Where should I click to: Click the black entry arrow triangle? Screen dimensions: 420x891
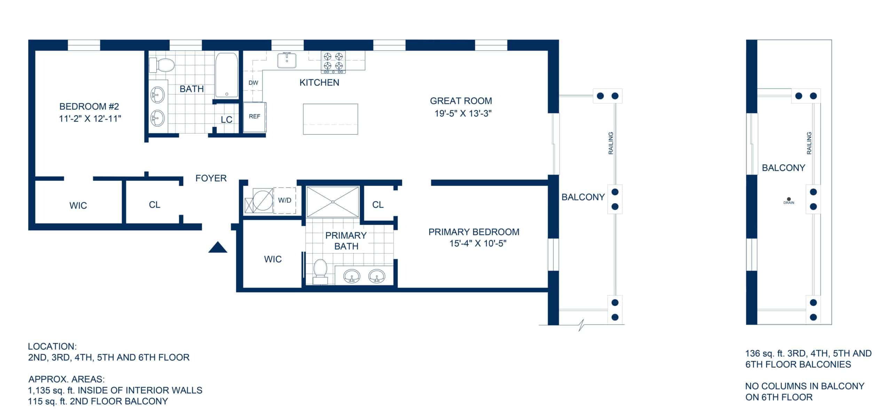coord(218,247)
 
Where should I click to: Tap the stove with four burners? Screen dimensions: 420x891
coord(333,62)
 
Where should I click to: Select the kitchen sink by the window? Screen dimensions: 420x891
coord(287,60)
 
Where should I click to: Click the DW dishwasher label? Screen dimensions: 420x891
coord(253,83)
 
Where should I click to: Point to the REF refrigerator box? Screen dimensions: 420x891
coord(254,116)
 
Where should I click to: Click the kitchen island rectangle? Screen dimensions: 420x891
coord(330,119)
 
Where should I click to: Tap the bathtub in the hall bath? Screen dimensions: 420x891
coord(227,75)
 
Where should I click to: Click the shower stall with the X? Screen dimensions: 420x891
coord(333,202)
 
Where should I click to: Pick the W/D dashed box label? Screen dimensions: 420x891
coord(284,201)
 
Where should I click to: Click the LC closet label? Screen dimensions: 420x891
coord(227,120)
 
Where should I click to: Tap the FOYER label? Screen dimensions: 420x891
coord(211,178)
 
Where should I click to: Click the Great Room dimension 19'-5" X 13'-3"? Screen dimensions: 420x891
coord(463,114)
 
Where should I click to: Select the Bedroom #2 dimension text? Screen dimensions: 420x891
coord(90,119)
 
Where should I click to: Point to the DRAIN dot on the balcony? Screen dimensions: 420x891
coord(789,199)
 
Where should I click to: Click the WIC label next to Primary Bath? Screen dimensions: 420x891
coord(273,259)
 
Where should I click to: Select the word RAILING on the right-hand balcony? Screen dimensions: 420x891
coord(809,143)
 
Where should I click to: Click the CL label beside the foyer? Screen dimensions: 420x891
coord(155,205)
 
